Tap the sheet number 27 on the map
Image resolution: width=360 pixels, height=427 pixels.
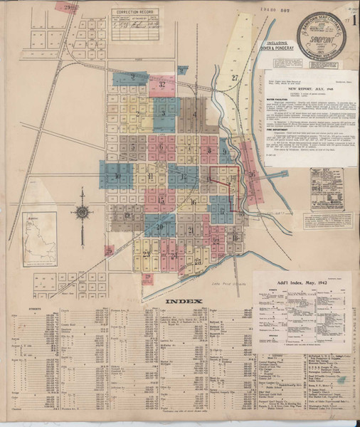(x=234, y=77)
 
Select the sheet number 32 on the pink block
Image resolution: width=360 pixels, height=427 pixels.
(x=163, y=85)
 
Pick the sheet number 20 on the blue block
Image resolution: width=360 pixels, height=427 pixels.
(x=161, y=226)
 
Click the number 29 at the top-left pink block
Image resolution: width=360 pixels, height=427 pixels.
(x=69, y=7)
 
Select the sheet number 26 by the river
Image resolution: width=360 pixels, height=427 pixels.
(x=251, y=174)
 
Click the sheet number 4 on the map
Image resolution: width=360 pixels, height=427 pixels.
(x=194, y=114)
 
